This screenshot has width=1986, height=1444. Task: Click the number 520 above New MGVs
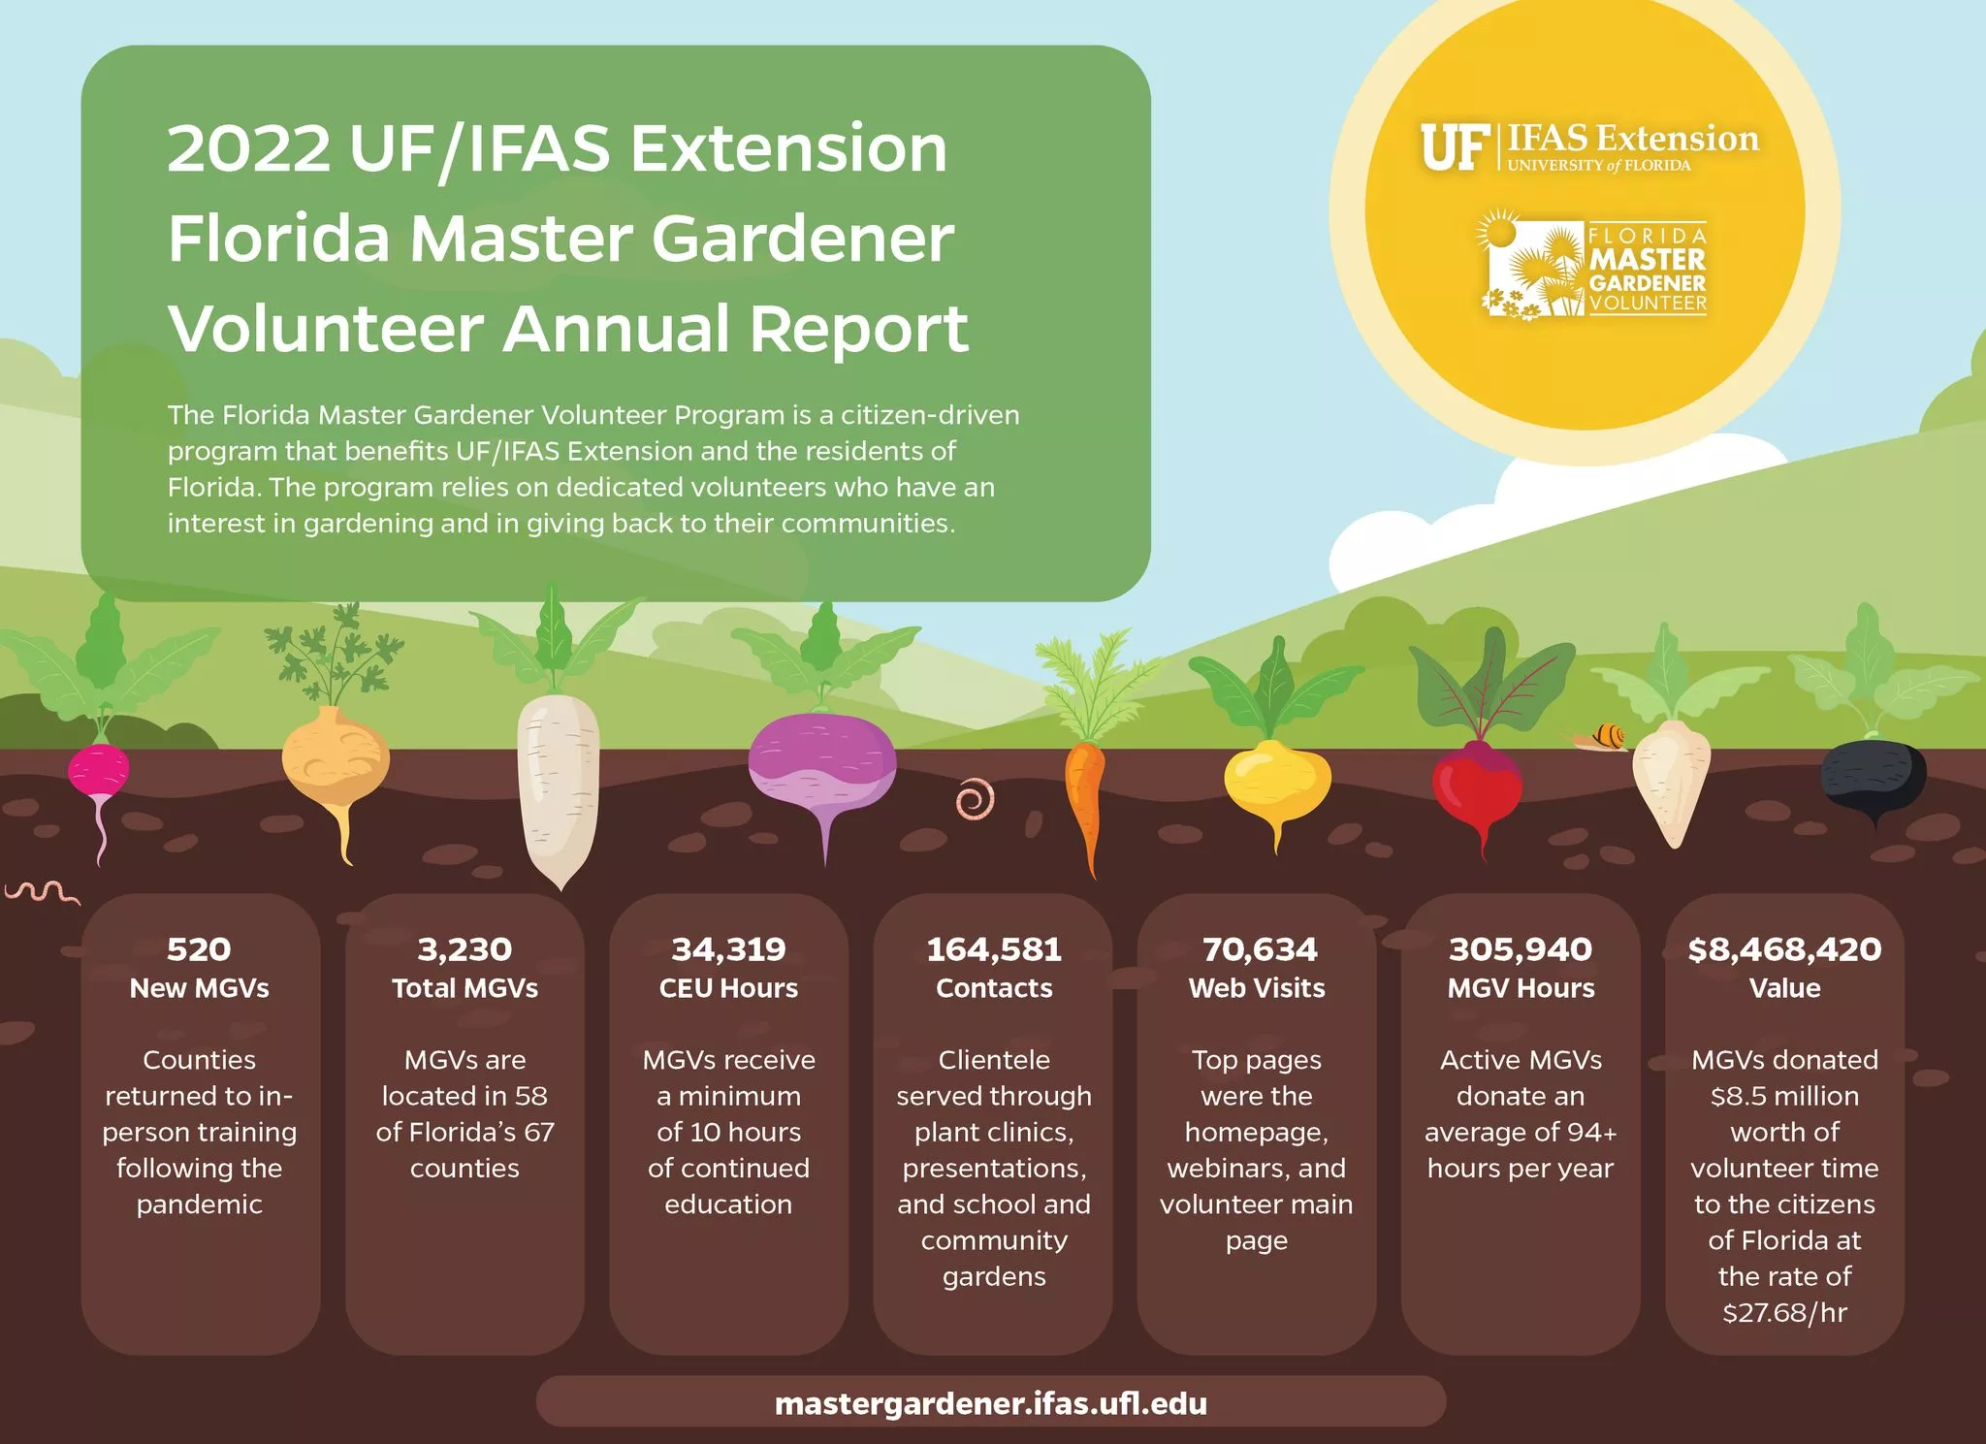(x=199, y=949)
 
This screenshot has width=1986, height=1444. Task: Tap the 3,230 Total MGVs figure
(x=464, y=949)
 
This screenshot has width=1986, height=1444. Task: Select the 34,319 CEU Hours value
(x=728, y=949)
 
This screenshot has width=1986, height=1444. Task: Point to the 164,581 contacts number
(x=994, y=949)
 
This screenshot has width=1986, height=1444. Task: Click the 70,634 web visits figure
(x=1259, y=949)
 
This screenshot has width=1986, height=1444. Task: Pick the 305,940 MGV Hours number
(x=1521, y=949)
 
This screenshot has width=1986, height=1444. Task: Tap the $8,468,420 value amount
(x=1784, y=949)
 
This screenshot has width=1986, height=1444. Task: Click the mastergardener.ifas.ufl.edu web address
(x=991, y=1403)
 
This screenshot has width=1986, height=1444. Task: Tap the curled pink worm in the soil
(x=975, y=799)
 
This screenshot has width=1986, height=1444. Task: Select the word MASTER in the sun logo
(x=1647, y=260)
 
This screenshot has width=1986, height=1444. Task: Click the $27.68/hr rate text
(x=1784, y=1312)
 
